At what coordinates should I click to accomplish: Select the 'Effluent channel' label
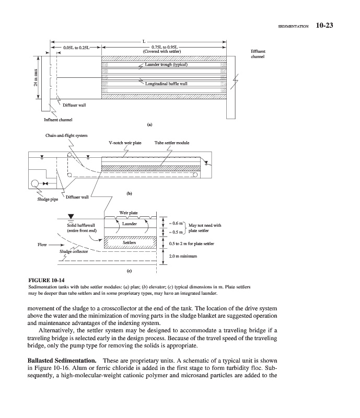click(x=258, y=54)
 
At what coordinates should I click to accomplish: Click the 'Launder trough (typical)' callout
click(x=163, y=65)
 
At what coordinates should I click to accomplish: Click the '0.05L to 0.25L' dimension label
click(x=76, y=48)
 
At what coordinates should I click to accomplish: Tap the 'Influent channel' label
click(x=59, y=120)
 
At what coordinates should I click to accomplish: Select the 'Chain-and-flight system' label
click(x=65, y=136)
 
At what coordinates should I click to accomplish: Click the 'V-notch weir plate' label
click(x=125, y=142)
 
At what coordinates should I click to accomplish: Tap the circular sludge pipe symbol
click(x=35, y=184)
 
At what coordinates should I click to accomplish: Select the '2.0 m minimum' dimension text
click(x=183, y=256)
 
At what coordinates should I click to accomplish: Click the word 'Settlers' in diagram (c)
click(x=129, y=243)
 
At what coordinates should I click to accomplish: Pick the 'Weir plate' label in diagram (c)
click(x=129, y=213)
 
